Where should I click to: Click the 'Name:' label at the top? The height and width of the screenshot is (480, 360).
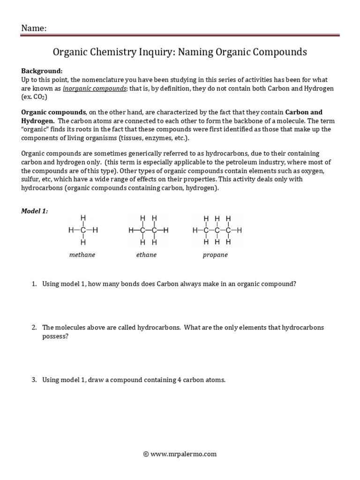(x=34, y=29)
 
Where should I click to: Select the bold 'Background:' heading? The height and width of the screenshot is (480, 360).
(x=42, y=71)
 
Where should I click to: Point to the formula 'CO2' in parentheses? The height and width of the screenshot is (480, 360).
(x=39, y=97)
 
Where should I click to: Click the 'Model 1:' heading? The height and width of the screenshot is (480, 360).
(x=35, y=211)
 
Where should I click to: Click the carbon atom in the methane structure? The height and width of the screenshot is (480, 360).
(x=83, y=231)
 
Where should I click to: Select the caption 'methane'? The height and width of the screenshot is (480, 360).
(x=82, y=255)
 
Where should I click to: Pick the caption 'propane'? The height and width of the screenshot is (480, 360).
(x=215, y=255)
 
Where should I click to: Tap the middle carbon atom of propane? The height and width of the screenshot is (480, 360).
(x=217, y=231)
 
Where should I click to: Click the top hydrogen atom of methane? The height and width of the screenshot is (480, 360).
(x=83, y=218)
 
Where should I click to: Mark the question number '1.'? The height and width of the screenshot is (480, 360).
(x=34, y=284)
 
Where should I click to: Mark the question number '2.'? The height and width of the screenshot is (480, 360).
(x=34, y=327)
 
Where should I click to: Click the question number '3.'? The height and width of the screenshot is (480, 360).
(x=34, y=380)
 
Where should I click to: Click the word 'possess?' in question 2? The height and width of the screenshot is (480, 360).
(x=55, y=336)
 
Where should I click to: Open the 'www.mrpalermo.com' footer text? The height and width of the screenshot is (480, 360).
(x=184, y=454)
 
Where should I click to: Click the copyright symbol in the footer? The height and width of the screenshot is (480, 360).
(x=146, y=454)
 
